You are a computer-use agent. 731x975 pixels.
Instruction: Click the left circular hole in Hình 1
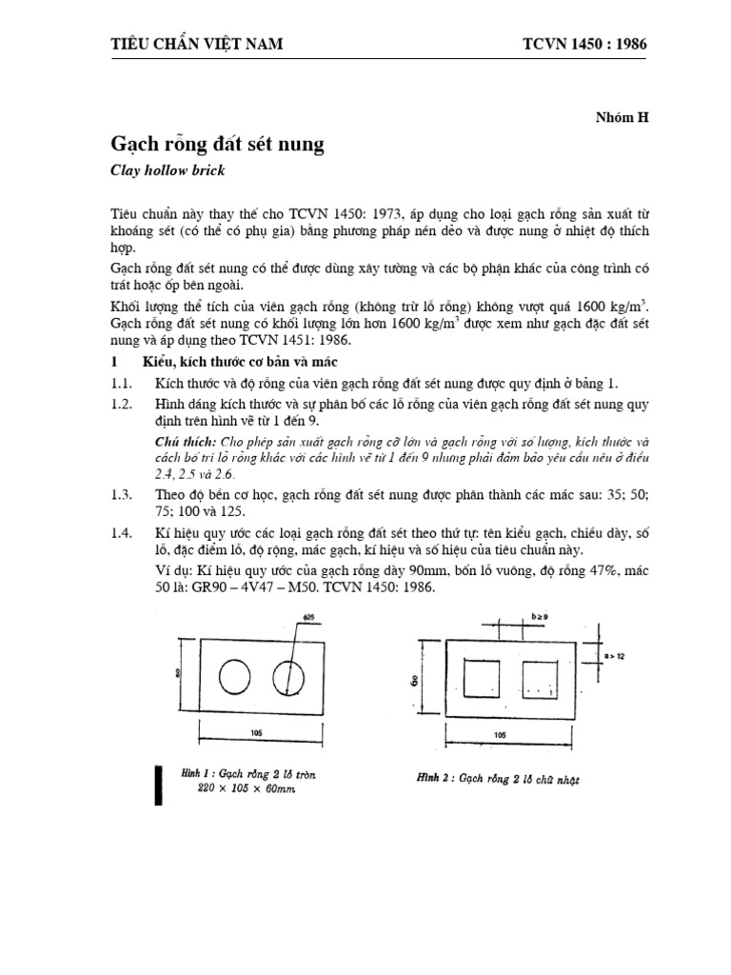tap(233, 678)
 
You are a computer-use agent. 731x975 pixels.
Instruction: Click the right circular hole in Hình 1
tap(286, 678)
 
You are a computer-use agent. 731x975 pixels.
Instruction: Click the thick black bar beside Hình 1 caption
tap(158, 783)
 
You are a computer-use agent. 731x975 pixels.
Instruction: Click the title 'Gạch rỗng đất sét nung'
tap(218, 145)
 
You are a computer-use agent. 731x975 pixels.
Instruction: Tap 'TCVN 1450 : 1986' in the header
tap(590, 44)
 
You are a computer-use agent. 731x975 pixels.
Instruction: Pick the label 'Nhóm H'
tap(622, 118)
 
